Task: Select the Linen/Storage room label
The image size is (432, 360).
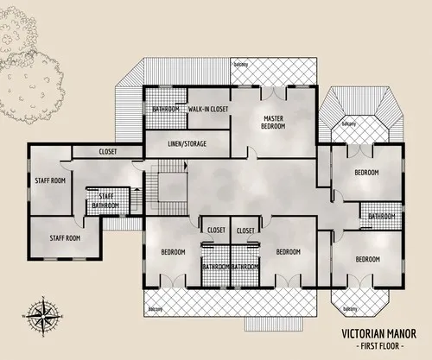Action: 187,142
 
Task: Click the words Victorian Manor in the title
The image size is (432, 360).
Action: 373,332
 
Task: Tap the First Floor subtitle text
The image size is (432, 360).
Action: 373,345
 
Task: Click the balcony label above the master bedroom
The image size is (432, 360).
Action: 241,64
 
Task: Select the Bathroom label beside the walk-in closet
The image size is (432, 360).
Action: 165,109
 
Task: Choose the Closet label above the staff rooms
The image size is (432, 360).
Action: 107,151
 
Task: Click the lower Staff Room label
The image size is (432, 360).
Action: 64,237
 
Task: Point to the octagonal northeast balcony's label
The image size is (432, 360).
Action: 349,123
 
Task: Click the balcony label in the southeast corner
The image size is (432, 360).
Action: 349,308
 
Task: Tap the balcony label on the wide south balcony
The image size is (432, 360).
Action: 156,308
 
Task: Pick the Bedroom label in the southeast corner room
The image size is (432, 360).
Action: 366,259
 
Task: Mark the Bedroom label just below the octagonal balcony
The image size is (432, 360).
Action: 366,173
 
